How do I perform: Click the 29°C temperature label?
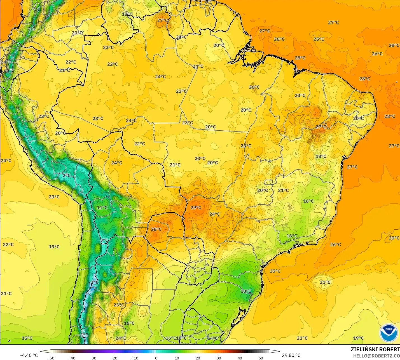(x=196, y=208)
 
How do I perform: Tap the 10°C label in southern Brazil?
(x=246, y=291)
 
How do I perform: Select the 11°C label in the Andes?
(x=102, y=208)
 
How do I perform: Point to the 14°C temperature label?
(x=212, y=338)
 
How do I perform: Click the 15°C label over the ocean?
(x=27, y=338)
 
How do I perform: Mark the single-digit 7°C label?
(x=31, y=29)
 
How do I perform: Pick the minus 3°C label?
(x=94, y=282)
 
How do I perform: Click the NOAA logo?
(x=389, y=333)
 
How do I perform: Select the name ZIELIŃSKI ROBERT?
(x=375, y=349)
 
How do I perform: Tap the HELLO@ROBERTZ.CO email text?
(x=376, y=356)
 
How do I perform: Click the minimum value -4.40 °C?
(x=29, y=355)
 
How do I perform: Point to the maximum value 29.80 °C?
(x=291, y=355)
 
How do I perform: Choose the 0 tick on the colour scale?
(x=156, y=358)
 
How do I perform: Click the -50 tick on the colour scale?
(x=51, y=358)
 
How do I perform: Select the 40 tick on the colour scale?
(x=240, y=358)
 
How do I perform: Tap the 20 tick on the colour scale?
(x=198, y=358)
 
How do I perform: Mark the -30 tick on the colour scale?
(x=93, y=358)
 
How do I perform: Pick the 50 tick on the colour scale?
(x=261, y=358)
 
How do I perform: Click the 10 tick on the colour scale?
(x=177, y=358)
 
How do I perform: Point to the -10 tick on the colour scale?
(x=135, y=358)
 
